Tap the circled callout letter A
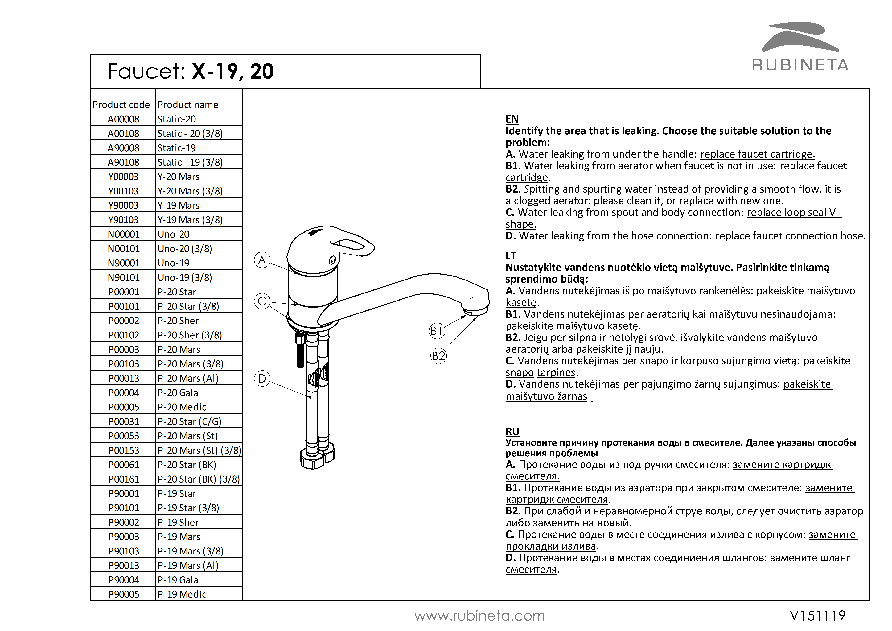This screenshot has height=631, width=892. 262,260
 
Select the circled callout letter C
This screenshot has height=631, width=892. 262,301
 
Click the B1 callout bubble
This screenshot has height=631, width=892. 437,331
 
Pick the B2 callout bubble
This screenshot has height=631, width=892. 439,356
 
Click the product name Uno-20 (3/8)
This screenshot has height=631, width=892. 185,248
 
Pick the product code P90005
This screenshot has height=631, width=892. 124,594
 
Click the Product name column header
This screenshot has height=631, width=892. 188,105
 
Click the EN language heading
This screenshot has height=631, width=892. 512,119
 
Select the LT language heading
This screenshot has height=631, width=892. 511,256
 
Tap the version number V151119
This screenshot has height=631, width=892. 818,616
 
